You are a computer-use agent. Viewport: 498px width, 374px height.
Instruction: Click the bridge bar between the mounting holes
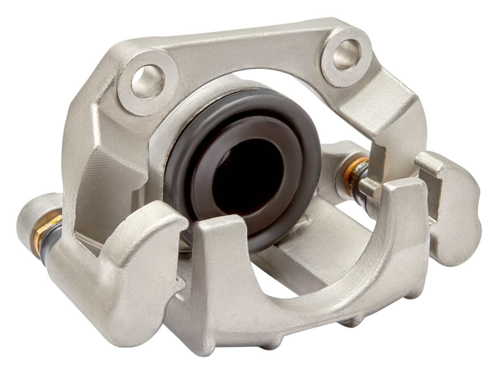tap(249, 51)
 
